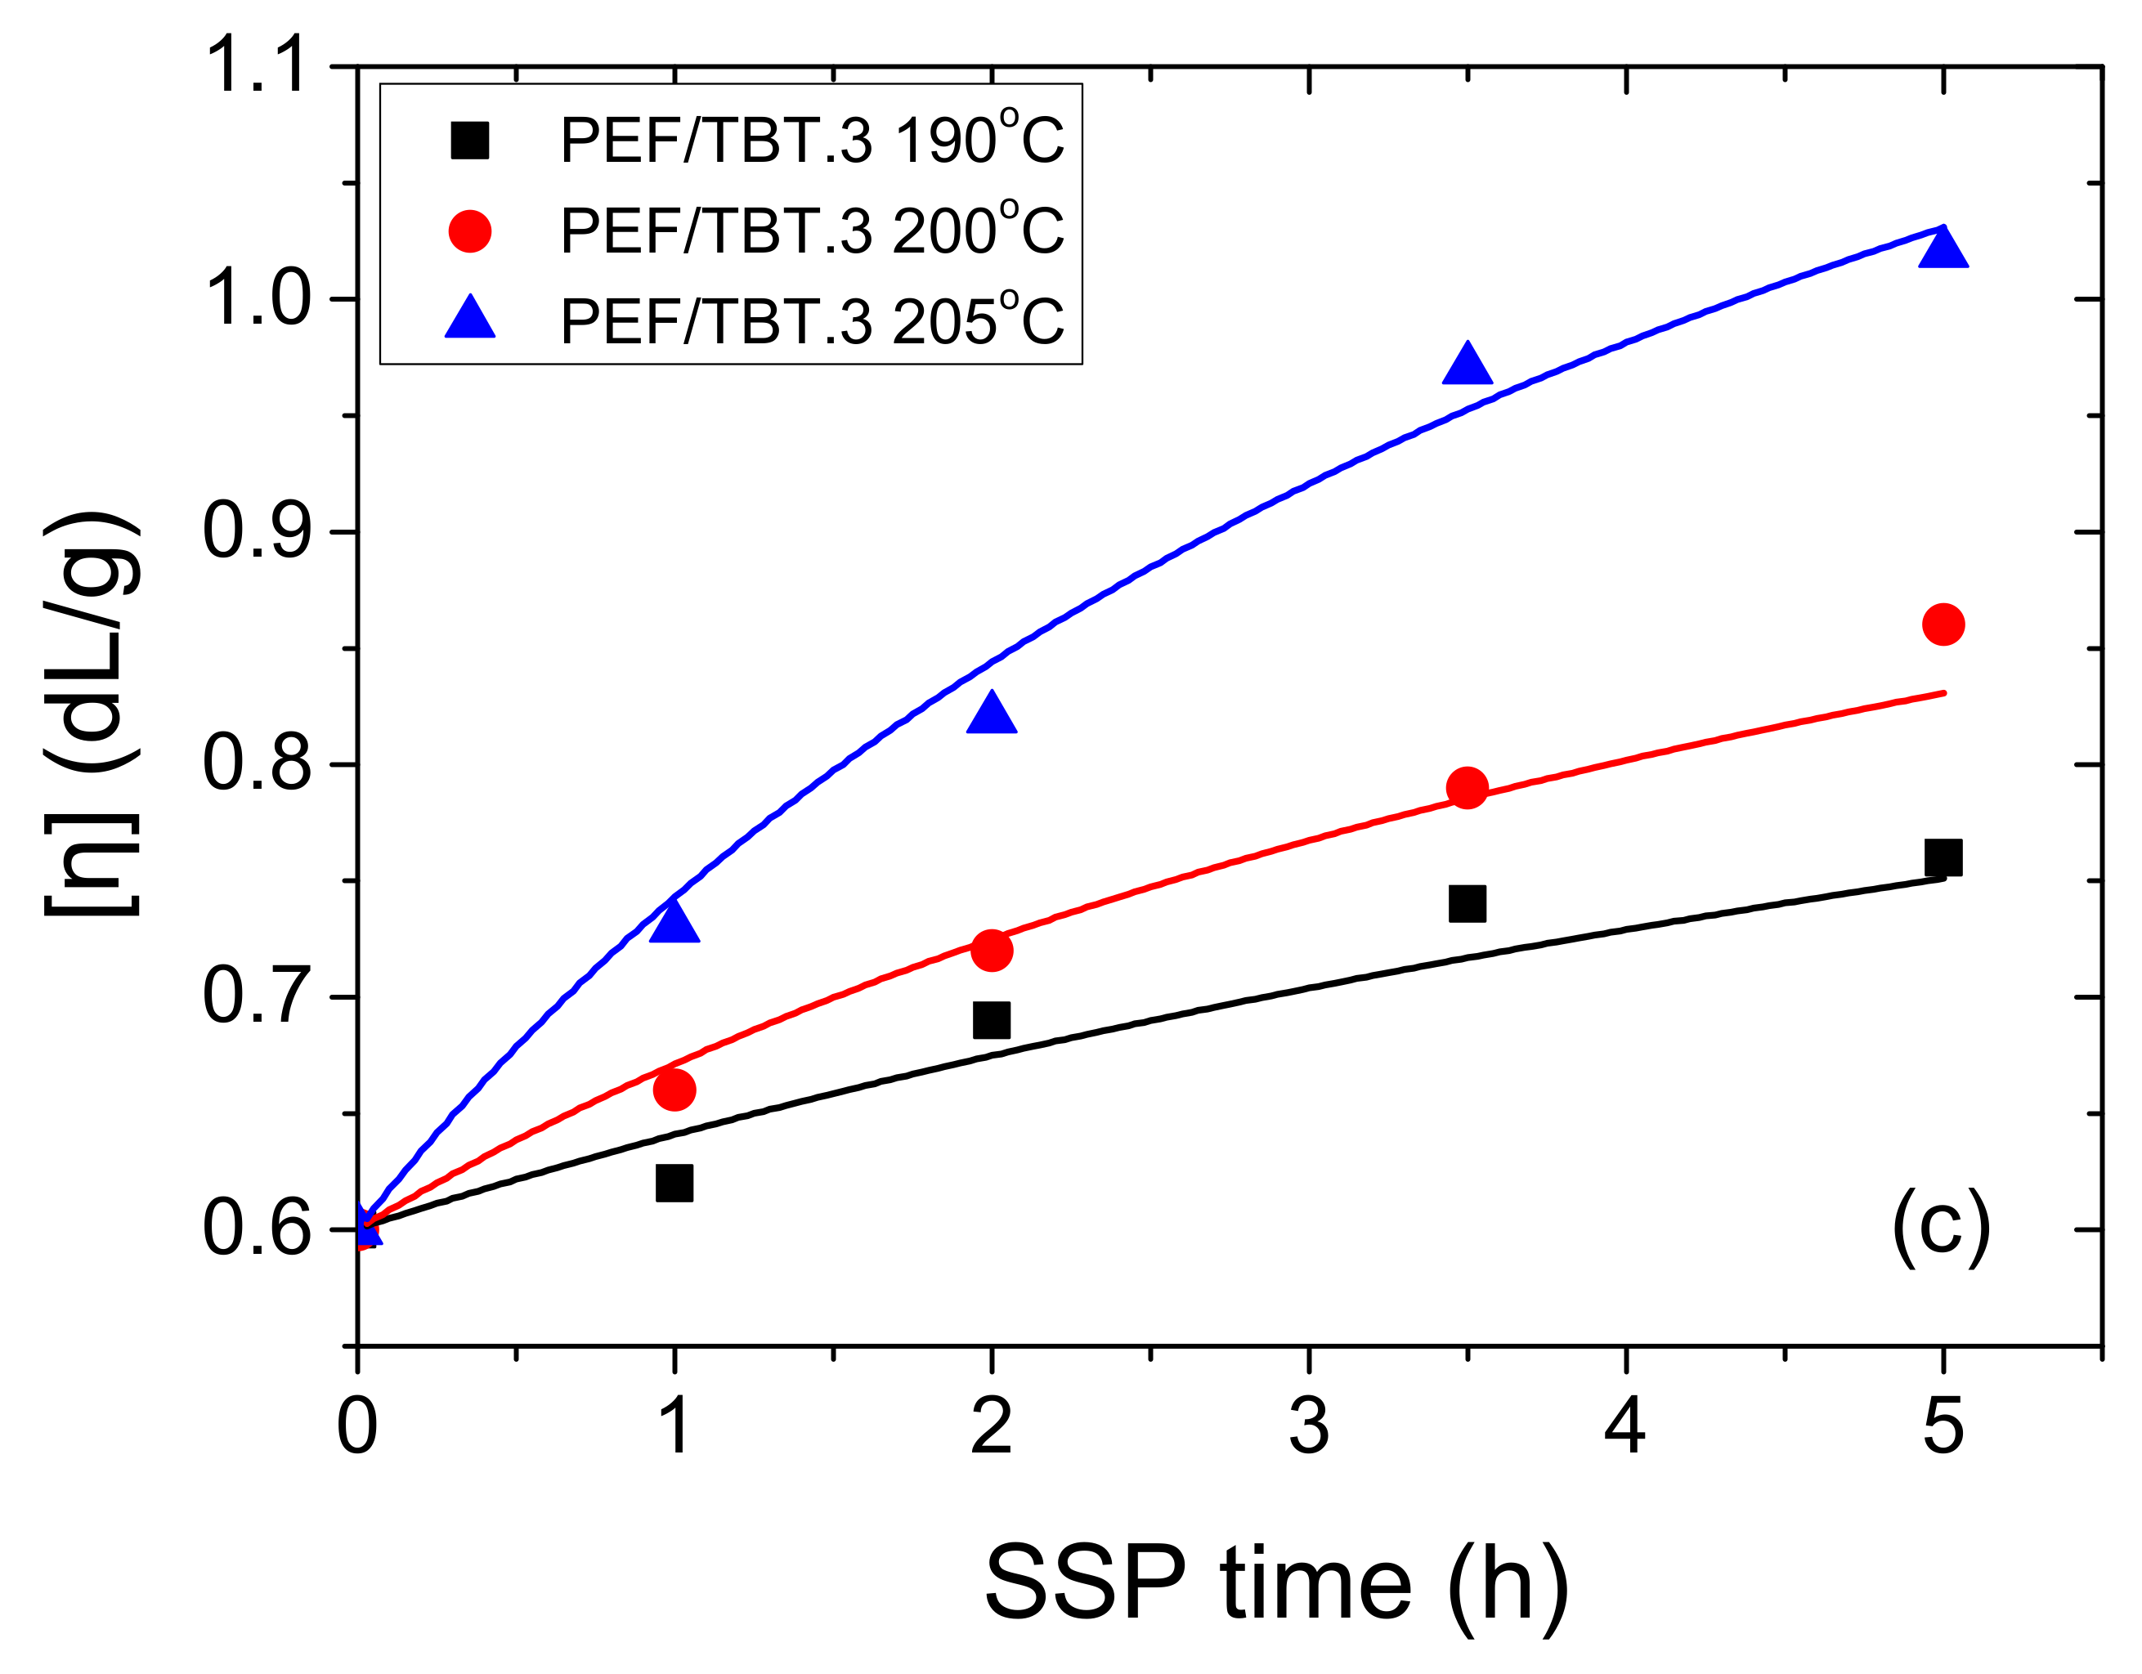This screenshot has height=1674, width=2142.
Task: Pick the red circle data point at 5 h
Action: coord(1943,624)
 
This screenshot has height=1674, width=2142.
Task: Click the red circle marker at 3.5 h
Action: coord(1468,787)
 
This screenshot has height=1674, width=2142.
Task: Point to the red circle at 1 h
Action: coord(674,1090)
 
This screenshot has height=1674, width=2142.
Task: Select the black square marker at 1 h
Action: coord(674,1183)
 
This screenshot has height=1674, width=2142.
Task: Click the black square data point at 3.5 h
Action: coord(1468,903)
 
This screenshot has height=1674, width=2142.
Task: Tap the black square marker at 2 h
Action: coord(992,1020)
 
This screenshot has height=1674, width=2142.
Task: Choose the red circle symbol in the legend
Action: coord(470,231)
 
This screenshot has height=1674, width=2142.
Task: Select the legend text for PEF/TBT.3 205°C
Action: coord(812,320)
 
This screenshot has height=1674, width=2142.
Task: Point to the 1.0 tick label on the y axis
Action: coord(257,299)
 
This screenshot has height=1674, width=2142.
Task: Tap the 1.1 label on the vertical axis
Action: coord(257,67)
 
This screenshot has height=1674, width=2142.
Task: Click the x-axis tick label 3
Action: coord(1308,1428)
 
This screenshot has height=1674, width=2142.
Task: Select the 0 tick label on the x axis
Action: coord(357,1428)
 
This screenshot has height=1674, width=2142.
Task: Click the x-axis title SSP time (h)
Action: coord(1275,1582)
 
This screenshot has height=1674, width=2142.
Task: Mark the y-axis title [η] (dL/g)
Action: coord(92,714)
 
